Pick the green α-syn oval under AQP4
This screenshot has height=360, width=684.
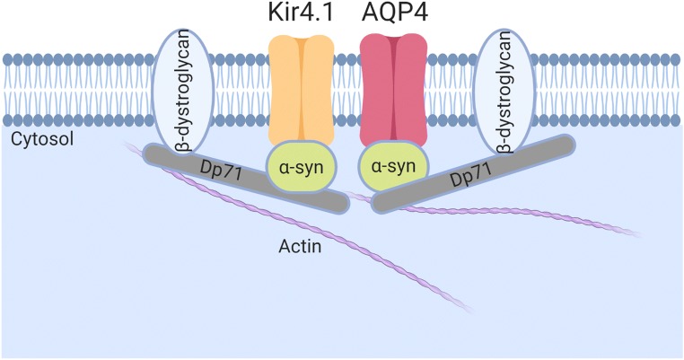[x=392, y=167]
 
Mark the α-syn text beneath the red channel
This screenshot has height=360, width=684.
[x=392, y=168]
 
